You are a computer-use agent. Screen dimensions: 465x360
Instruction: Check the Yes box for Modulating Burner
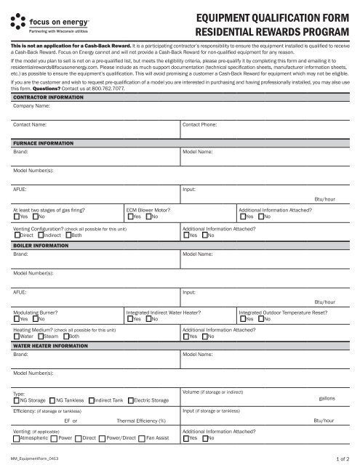pos(17,318)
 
